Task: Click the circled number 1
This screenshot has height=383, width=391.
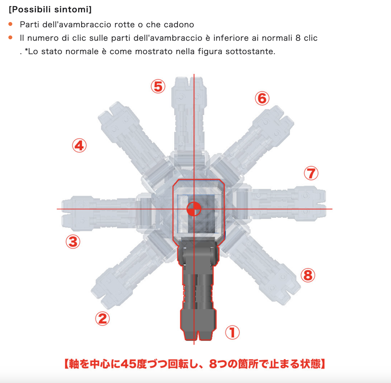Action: pyautogui.click(x=232, y=332)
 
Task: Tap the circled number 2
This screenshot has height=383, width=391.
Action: pyautogui.click(x=102, y=319)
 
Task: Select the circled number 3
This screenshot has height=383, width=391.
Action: pyautogui.click(x=73, y=242)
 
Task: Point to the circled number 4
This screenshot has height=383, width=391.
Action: pyautogui.click(x=79, y=146)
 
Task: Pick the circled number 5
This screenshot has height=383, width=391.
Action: pyautogui.click(x=158, y=86)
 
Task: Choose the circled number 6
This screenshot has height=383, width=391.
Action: pyautogui.click(x=262, y=98)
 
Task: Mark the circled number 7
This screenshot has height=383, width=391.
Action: pyautogui.click(x=311, y=173)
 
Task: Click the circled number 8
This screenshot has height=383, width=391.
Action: pyautogui.click(x=308, y=275)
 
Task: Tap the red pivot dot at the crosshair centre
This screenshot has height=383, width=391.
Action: pyautogui.click(x=194, y=209)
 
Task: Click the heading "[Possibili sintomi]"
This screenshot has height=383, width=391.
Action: pyautogui.click(x=50, y=10)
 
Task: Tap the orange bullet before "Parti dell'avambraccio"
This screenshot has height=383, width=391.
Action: pyautogui.click(x=10, y=24)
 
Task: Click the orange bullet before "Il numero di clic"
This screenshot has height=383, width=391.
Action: pyautogui.click(x=10, y=37)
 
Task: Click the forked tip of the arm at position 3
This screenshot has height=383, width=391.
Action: pyautogui.click(x=66, y=213)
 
